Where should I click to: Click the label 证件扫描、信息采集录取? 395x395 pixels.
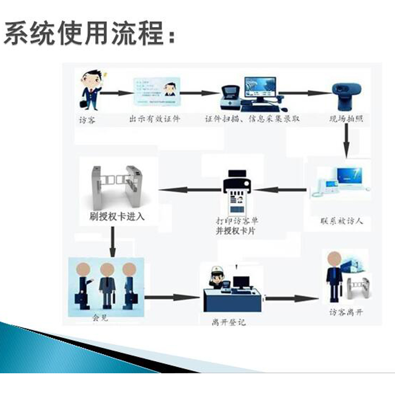(x=252, y=119)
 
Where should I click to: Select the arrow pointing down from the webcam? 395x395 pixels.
(x=347, y=140)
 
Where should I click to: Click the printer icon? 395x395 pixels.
(x=237, y=184)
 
